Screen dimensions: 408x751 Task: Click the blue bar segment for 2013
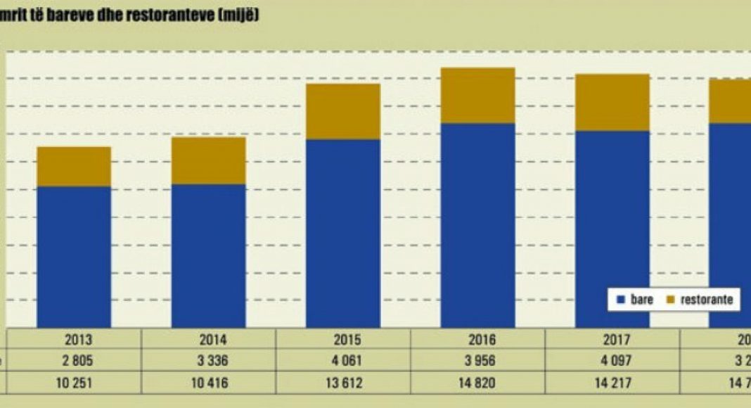pyautogui.click(x=74, y=257)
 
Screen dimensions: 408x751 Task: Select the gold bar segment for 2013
pyautogui.click(x=74, y=167)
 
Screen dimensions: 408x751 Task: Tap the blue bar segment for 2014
pyautogui.click(x=208, y=255)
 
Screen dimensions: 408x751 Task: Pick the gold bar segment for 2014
pyautogui.click(x=208, y=160)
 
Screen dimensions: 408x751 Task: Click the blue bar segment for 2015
pyautogui.click(x=343, y=233)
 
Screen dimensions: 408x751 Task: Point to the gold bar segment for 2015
pyautogui.click(x=343, y=111)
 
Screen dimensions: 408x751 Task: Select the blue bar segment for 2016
pyautogui.click(x=477, y=225)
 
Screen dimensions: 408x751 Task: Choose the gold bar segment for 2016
pyautogui.click(x=477, y=96)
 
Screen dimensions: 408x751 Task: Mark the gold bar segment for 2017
pyautogui.click(x=612, y=102)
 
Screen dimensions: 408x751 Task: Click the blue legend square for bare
pyautogui.click(x=620, y=300)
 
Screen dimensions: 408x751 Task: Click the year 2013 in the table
pyautogui.click(x=74, y=340)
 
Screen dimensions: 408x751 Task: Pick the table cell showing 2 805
pyautogui.click(x=74, y=362)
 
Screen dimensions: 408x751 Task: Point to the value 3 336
pyautogui.click(x=209, y=362)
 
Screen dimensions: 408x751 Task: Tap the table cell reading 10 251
pyautogui.click(x=74, y=384)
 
